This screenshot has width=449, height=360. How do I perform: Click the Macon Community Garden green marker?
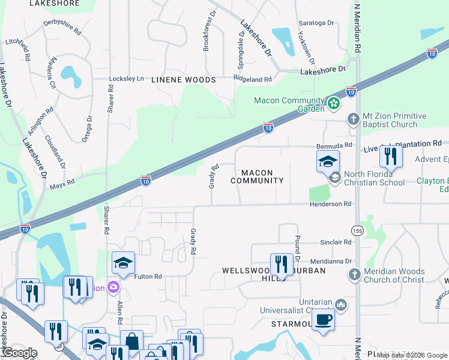(334, 104)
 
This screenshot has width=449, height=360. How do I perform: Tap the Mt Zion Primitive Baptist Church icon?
(354, 119)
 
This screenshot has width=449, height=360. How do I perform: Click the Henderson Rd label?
(330, 204)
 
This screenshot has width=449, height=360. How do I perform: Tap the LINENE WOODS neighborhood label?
(183, 80)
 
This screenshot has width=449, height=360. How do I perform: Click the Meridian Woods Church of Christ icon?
(354, 274)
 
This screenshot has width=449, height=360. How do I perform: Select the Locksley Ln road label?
(127, 79)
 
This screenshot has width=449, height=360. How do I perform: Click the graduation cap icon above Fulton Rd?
(123, 263)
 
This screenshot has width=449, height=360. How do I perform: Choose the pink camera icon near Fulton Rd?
(112, 288)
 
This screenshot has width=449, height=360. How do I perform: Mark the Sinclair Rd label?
(335, 242)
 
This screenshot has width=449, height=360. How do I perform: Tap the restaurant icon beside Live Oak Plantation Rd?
(391, 157)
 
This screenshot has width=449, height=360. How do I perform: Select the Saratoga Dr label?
(316, 23)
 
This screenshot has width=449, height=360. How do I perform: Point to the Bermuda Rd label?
(334, 146)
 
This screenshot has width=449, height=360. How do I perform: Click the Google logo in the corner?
(19, 353)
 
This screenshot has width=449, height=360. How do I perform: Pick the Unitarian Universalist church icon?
(341, 305)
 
